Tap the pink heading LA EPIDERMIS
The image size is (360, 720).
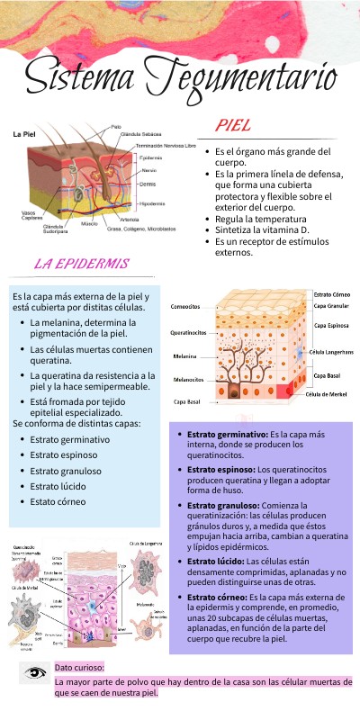click(81, 265)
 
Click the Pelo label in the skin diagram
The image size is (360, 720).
click(116, 126)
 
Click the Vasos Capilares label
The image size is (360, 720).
click(32, 215)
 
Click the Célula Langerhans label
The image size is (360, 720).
click(331, 352)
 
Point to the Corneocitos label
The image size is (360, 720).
click(185, 307)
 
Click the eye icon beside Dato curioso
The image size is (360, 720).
click(36, 672)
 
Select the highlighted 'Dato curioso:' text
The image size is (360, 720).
click(79, 668)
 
